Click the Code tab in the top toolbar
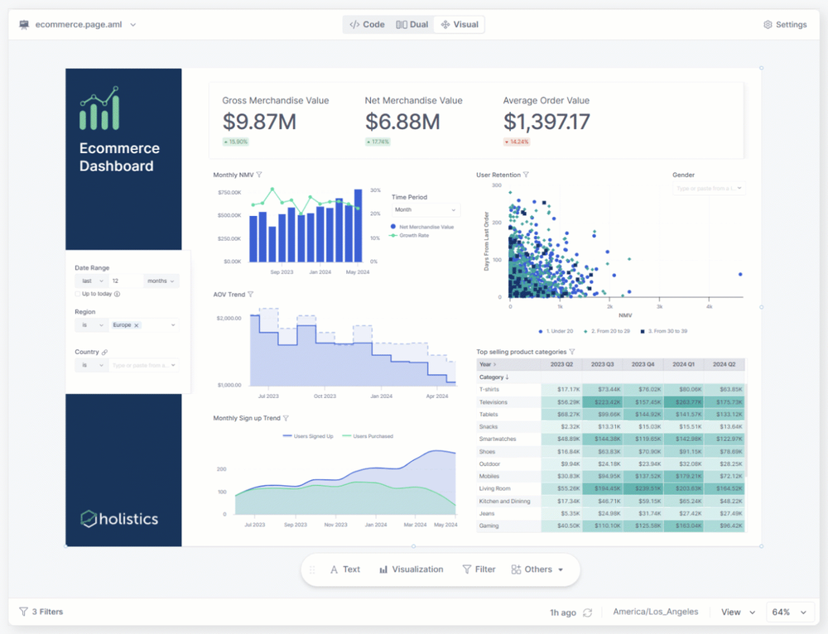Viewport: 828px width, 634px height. click(x=367, y=25)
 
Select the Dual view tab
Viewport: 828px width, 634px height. click(x=412, y=25)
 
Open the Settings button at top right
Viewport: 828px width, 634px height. click(x=785, y=25)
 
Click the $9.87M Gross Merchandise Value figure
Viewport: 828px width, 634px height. click(x=259, y=122)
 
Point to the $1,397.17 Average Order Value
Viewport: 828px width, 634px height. click(x=546, y=122)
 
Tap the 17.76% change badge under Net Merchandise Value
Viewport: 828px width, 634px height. click(x=377, y=142)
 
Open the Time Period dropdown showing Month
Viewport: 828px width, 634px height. click(x=425, y=210)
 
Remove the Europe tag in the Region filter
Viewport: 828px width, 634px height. click(x=137, y=325)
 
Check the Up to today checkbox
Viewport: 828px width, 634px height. click(x=78, y=294)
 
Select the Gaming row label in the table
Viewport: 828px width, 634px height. click(x=489, y=526)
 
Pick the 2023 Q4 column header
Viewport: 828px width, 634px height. click(x=643, y=364)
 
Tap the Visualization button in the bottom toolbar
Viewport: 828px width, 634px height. click(x=412, y=569)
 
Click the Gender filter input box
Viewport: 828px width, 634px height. click(x=709, y=189)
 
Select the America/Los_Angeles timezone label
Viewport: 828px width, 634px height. click(x=655, y=612)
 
